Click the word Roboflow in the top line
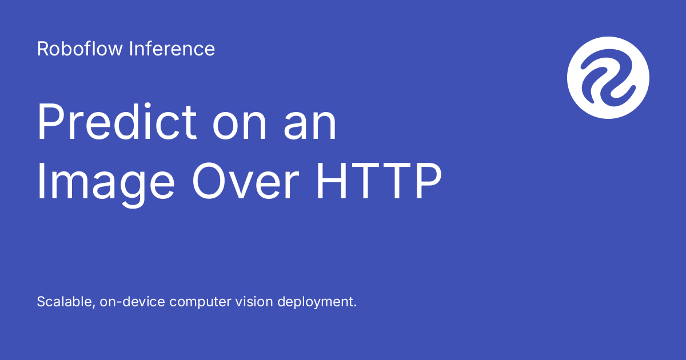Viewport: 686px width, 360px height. (81, 49)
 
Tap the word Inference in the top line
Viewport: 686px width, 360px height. (172, 49)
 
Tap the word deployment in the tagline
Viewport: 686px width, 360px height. (316, 302)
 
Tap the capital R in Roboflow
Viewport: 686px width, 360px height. (43, 49)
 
